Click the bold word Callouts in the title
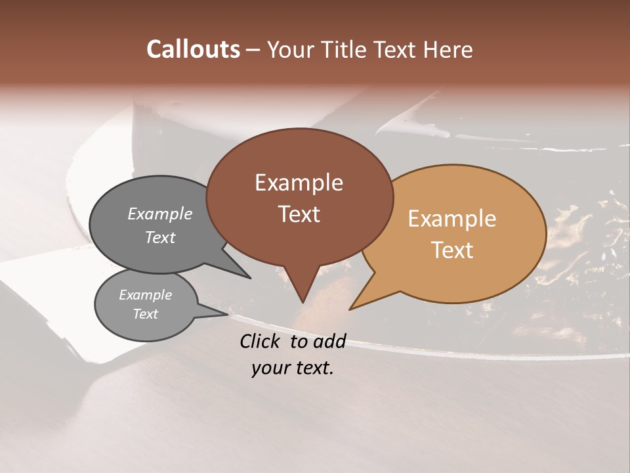coord(193,49)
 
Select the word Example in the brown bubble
coord(299,183)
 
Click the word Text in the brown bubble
coord(299,214)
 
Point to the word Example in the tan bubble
coord(452,219)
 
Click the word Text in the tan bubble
coord(452,250)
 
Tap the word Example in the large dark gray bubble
coord(160,214)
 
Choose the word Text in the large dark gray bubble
coord(160,238)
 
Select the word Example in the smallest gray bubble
coord(145,295)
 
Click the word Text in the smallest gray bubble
coord(145,314)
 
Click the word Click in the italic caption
coord(261,341)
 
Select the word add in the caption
coord(329,341)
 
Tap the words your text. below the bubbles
coord(293,368)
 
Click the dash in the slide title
coord(253,50)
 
